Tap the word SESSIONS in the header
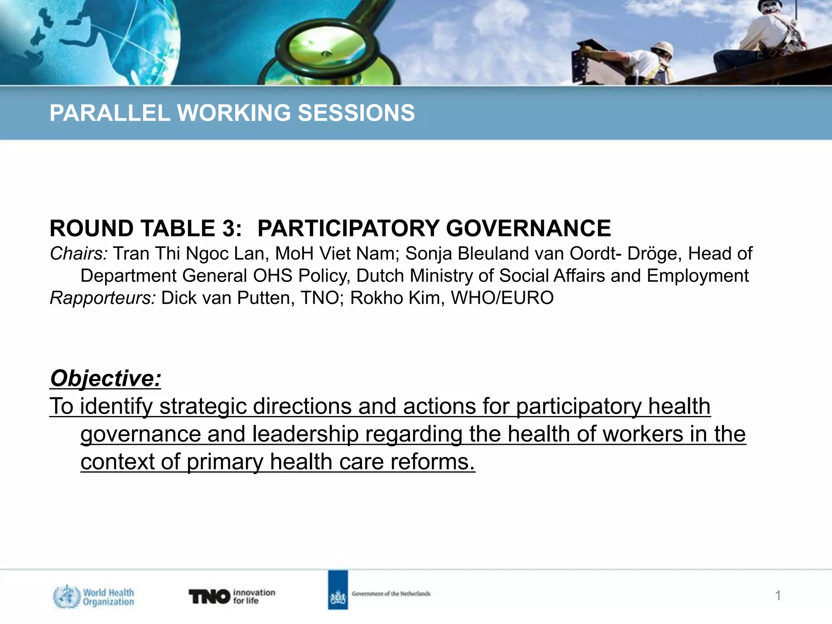(x=356, y=113)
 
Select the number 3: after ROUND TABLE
(x=232, y=228)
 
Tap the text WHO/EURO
(x=502, y=298)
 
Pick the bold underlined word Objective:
(x=106, y=378)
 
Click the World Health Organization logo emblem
(x=67, y=596)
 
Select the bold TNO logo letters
(x=209, y=596)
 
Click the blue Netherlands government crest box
(x=338, y=590)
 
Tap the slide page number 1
(x=778, y=596)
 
